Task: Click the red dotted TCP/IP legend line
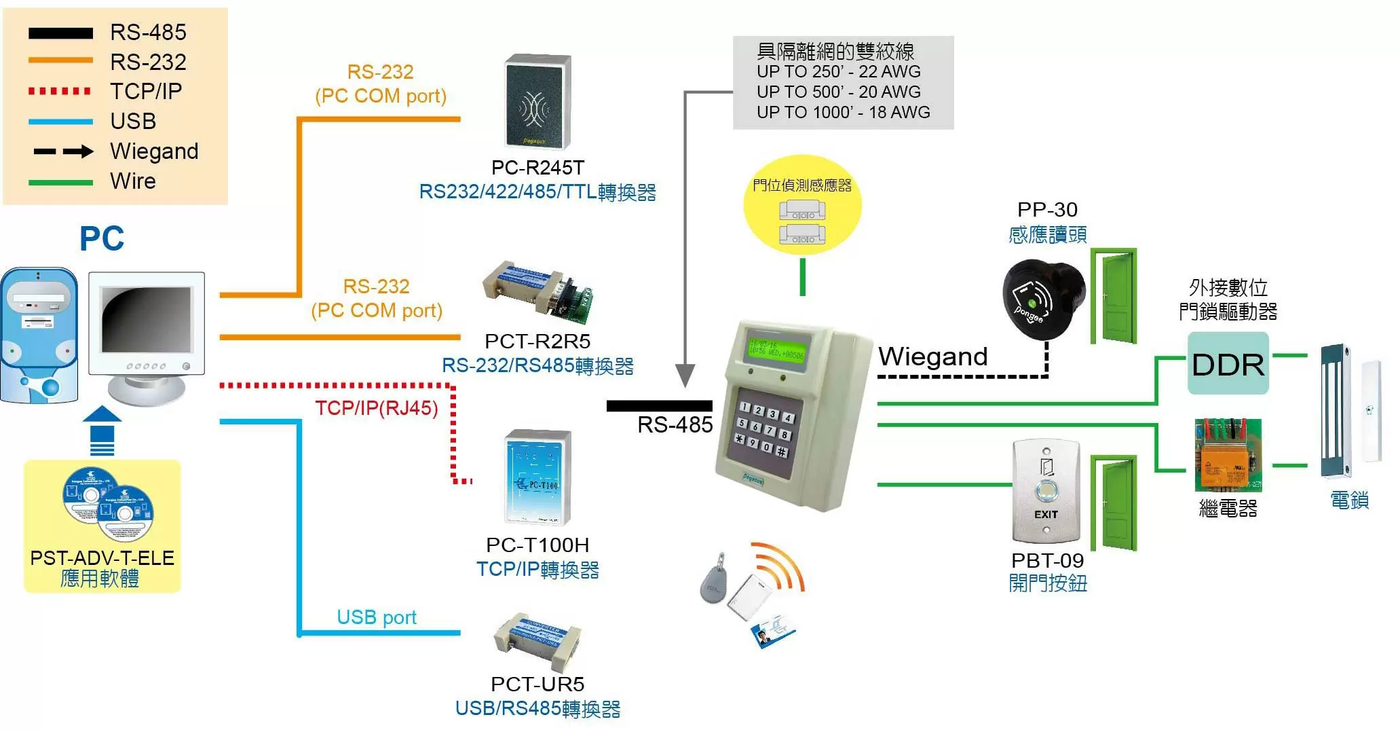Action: pos(60,91)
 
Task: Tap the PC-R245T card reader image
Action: pos(537,102)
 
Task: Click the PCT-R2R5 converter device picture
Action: pos(538,293)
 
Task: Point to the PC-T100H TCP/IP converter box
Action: pos(538,478)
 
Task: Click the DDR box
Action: pos(1228,364)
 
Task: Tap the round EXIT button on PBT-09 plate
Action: pos(1046,490)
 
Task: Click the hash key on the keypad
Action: pos(782,452)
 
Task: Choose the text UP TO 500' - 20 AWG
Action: pos(839,92)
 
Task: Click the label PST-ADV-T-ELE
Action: pos(102,557)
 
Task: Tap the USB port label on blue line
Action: pos(376,617)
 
